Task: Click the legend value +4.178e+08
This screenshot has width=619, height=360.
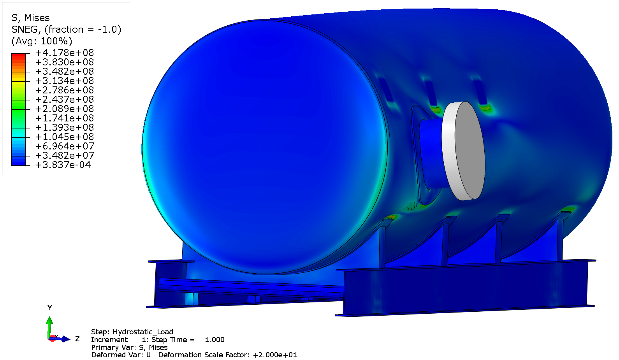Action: tap(65, 53)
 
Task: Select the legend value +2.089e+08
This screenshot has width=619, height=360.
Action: tap(65, 109)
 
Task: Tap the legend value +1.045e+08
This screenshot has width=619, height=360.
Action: tap(65, 137)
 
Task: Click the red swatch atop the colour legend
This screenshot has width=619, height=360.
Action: tap(18, 58)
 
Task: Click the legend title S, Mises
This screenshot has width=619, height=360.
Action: tap(30, 18)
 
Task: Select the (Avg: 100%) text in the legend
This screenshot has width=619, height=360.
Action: tap(42, 41)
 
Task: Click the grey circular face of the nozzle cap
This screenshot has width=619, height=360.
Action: tap(470, 151)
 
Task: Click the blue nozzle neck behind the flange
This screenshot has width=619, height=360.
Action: tap(430, 154)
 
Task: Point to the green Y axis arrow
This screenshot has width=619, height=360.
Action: tap(49, 325)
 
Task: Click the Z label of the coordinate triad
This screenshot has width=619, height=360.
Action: tap(77, 339)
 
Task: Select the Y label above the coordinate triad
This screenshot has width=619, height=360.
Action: tap(49, 307)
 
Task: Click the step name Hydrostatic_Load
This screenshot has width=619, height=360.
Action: tap(143, 332)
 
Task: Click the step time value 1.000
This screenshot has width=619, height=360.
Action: tap(215, 339)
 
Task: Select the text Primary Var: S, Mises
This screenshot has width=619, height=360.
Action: tap(129, 347)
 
